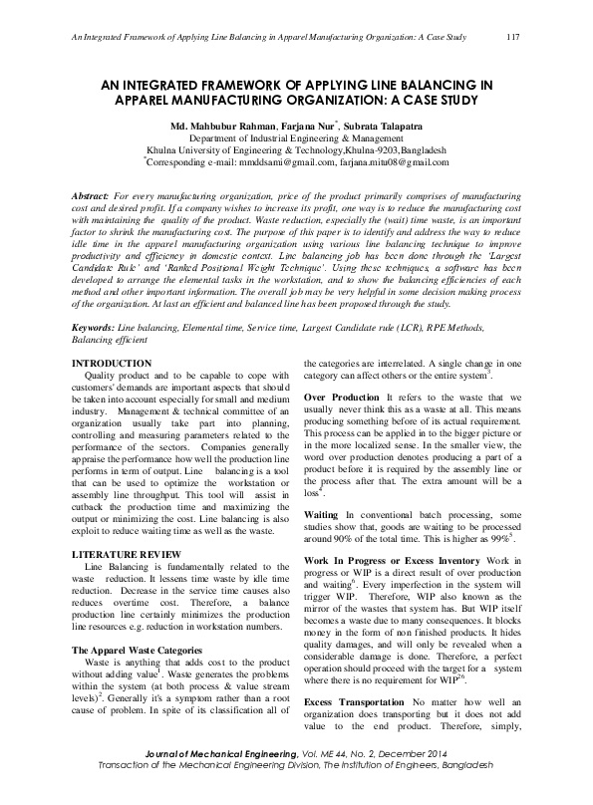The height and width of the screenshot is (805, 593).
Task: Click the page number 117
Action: pos(514,37)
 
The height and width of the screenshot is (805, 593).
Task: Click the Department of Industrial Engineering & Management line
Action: pos(296,138)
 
